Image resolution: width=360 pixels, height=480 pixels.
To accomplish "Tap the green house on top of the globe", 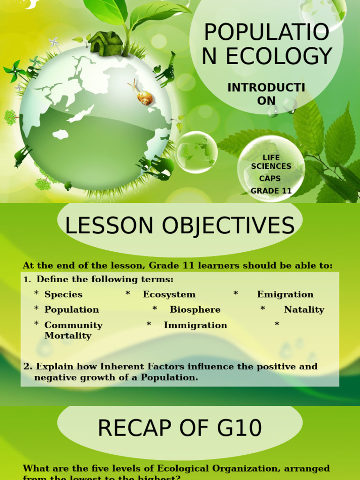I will click(x=105, y=43).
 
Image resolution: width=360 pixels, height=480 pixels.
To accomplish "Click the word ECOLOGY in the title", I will click(x=280, y=57).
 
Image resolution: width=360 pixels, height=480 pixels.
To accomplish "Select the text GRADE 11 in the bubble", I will click(x=271, y=191).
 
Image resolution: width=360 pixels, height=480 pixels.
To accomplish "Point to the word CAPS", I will click(x=270, y=179).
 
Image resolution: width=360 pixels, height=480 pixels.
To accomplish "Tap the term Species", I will click(x=63, y=294).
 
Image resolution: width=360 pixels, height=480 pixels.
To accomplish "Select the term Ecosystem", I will click(x=169, y=294).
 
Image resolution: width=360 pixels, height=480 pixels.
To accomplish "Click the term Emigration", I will click(x=285, y=294).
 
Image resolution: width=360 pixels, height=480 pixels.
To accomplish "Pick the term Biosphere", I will click(x=195, y=310).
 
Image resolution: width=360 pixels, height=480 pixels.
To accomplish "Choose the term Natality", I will click(x=304, y=310).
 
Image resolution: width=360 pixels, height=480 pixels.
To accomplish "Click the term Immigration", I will click(x=195, y=325).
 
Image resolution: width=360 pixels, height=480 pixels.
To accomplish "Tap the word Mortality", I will click(x=67, y=336).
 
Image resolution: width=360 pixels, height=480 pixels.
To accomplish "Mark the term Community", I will click(x=73, y=325).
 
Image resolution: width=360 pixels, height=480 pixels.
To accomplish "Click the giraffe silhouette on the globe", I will click(x=166, y=69).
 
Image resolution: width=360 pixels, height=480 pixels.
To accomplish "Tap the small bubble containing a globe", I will click(x=196, y=152).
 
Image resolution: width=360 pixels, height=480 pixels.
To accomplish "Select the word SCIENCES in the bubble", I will click(x=271, y=166).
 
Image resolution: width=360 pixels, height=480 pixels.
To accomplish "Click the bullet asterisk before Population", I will click(x=37, y=309).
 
